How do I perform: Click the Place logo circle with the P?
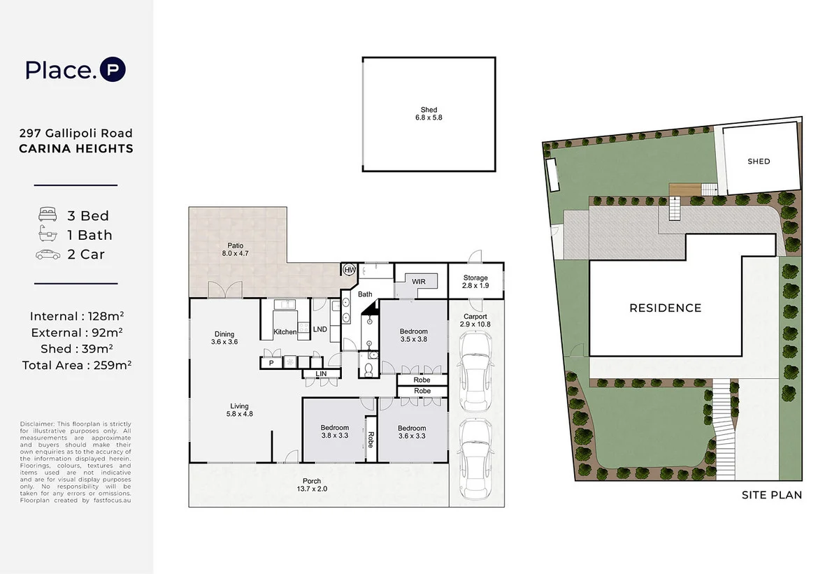[x=113, y=70]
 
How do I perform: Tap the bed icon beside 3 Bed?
[x=48, y=215]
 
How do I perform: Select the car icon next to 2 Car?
[x=48, y=254]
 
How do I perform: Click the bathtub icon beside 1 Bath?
[x=48, y=235]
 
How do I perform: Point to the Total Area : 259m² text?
[x=76, y=364]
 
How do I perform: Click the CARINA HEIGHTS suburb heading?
[x=76, y=148]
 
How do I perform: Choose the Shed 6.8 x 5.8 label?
[x=429, y=114]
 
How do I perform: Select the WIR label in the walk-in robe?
[x=419, y=281]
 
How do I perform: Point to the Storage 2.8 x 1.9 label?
[x=475, y=282]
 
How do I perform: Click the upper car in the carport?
[x=475, y=371]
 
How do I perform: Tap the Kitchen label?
[x=285, y=331]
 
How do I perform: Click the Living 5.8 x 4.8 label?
[x=240, y=410]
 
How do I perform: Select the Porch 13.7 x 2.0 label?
[x=312, y=485]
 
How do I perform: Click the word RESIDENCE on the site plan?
[x=665, y=308]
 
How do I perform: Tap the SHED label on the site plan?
[x=759, y=162]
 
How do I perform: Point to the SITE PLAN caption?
[x=771, y=495]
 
